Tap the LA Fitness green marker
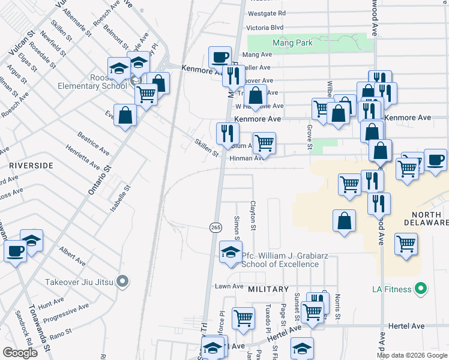pos(421,289)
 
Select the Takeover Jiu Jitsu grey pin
pos(123,281)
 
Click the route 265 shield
pos(215,227)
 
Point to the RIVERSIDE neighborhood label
pos(31,165)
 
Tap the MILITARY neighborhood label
pos(269,289)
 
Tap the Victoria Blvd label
pos(265,28)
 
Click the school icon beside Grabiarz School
pos(229,252)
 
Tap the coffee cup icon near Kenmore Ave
pos(220,57)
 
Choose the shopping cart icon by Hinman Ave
pos(264,143)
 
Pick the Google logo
pos(20,353)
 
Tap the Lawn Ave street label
pos(229,287)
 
